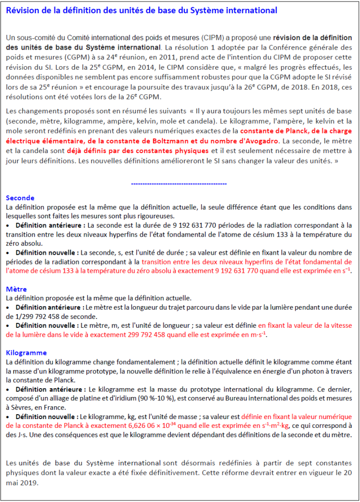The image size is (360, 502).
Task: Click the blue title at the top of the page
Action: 141,10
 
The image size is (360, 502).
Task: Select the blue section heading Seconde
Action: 20,198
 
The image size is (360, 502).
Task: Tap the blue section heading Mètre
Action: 17,289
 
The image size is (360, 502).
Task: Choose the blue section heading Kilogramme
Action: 26,352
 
